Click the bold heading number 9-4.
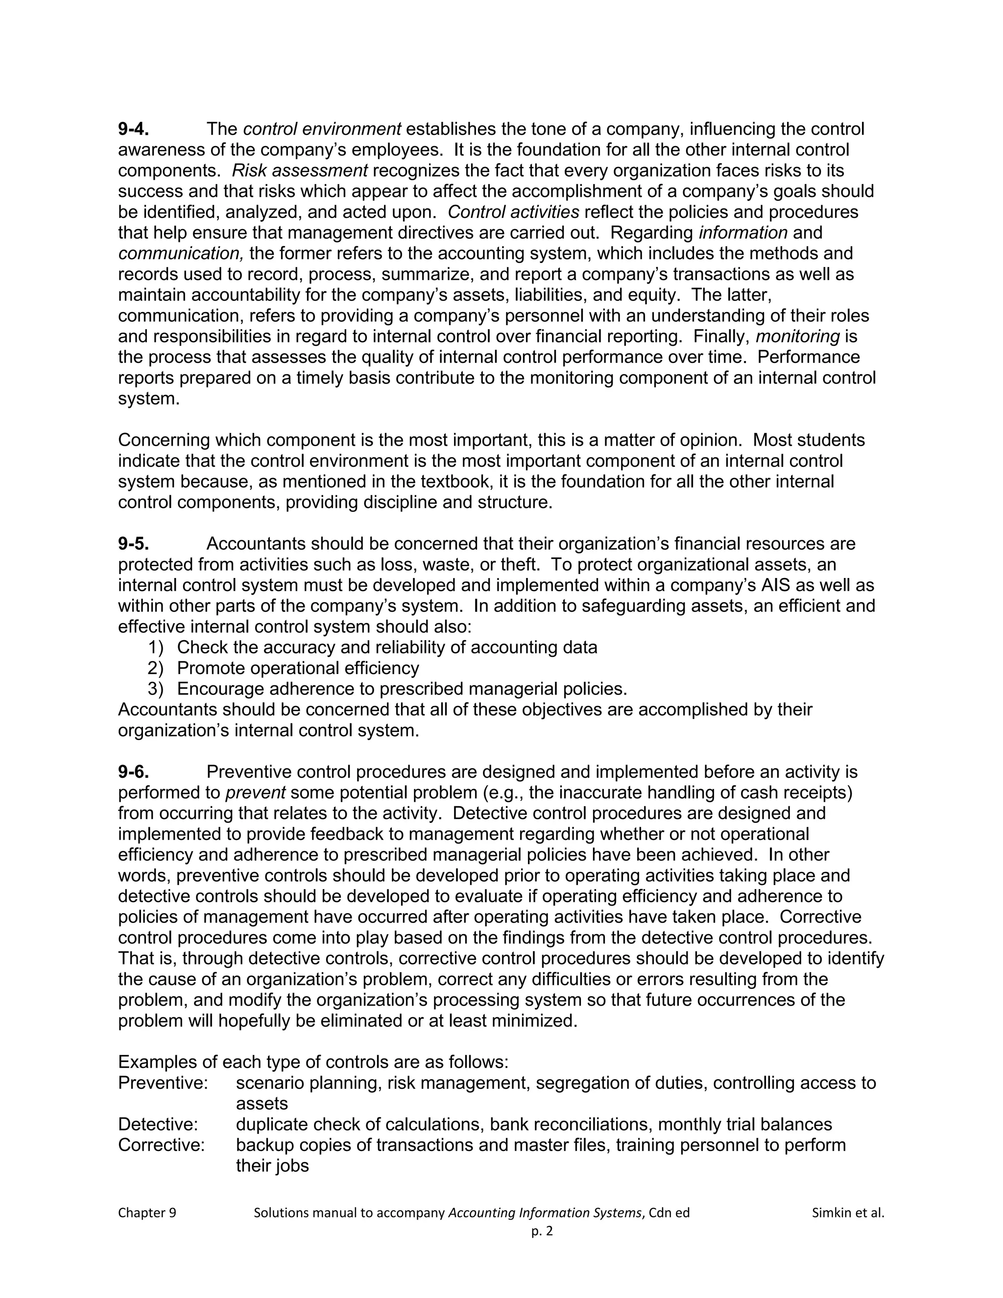tap(133, 129)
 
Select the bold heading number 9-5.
tap(133, 544)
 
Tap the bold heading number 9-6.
tap(133, 772)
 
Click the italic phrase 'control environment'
tap(322, 129)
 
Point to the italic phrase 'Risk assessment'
tap(299, 170)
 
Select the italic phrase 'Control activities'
tap(513, 212)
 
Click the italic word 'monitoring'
tap(797, 337)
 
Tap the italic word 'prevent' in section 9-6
tap(256, 793)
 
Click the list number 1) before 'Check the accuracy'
tap(155, 647)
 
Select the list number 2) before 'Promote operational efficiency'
tap(155, 668)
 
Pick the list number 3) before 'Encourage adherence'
tap(155, 689)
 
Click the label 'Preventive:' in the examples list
tap(163, 1083)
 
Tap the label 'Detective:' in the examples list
tap(158, 1125)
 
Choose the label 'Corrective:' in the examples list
tap(161, 1145)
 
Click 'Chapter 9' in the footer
tap(147, 1213)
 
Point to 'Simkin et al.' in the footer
tap(848, 1213)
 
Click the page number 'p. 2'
tap(542, 1231)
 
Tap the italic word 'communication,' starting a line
tap(181, 254)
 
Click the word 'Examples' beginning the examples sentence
tap(156, 1062)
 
